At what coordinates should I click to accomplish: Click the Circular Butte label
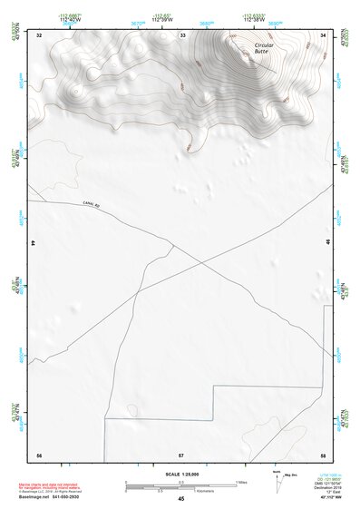tap(263, 48)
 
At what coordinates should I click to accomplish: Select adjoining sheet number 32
tap(39, 35)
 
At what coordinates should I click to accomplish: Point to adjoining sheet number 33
tap(182, 35)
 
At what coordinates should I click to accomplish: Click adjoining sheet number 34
tap(324, 35)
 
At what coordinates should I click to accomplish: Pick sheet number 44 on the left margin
tap(34, 244)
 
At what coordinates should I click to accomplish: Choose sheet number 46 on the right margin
tap(328, 244)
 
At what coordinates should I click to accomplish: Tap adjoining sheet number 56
tap(39, 454)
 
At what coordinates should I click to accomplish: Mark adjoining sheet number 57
tap(181, 454)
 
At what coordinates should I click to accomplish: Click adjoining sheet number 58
tap(324, 454)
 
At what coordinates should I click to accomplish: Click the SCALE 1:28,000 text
tap(180, 474)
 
